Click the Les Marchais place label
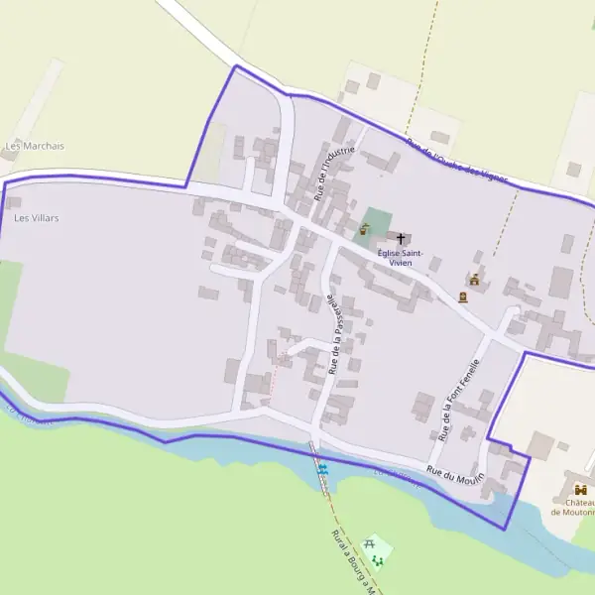[x=35, y=146]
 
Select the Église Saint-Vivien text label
[x=402, y=258]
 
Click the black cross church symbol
[x=402, y=239]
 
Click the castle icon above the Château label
[x=579, y=490]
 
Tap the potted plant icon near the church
[x=364, y=229]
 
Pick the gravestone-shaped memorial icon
[x=463, y=296]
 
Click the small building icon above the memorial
[x=476, y=280]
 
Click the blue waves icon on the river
[x=321, y=466]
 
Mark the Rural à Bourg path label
[x=353, y=561]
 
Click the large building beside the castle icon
[x=540, y=445]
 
